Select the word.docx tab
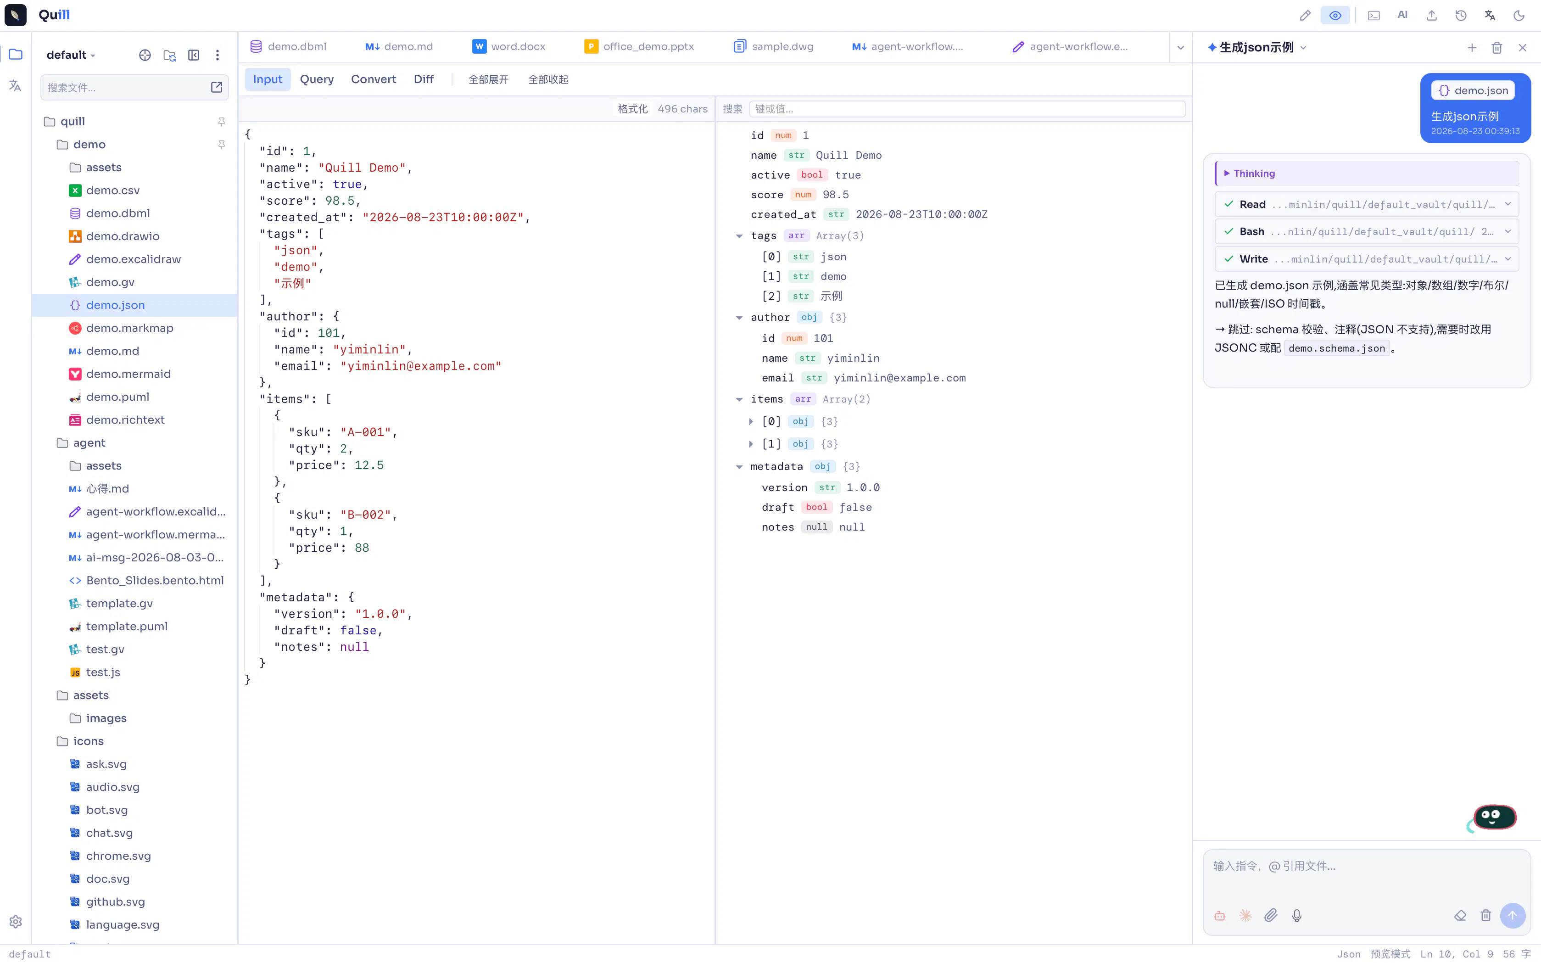[x=509, y=46]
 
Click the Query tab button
[x=317, y=79]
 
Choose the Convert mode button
[x=373, y=79]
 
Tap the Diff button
[x=424, y=79]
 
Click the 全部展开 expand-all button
[x=488, y=79]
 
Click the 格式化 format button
[x=632, y=109]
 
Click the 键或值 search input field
[x=966, y=109]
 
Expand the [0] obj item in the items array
[x=751, y=422]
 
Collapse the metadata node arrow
[x=739, y=467]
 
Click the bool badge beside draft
[x=816, y=508]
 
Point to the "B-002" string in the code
[x=365, y=515]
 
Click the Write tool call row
[x=1366, y=259]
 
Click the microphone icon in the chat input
[x=1296, y=915]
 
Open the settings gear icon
[x=16, y=922]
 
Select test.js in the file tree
[x=102, y=672]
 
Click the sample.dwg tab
[x=773, y=46]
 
